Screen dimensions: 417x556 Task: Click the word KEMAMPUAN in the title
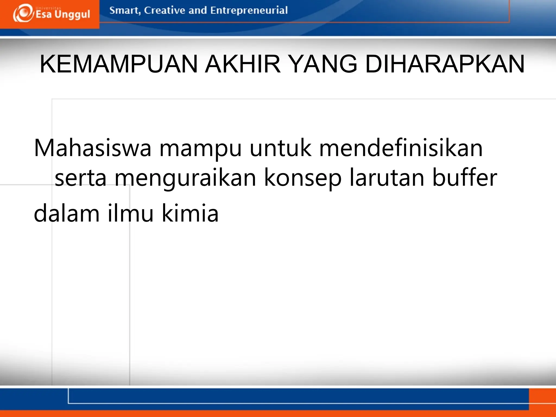(x=119, y=64)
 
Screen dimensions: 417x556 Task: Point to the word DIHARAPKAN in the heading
(x=445, y=64)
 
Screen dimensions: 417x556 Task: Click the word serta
(x=81, y=178)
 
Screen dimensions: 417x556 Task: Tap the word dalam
(x=67, y=213)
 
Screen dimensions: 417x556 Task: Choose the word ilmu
(x=131, y=213)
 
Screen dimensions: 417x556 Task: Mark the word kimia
(x=190, y=213)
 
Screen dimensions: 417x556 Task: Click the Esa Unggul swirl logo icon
(x=23, y=14)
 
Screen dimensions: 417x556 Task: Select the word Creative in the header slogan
(x=164, y=10)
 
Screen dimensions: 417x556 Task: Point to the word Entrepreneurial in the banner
(x=249, y=10)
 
